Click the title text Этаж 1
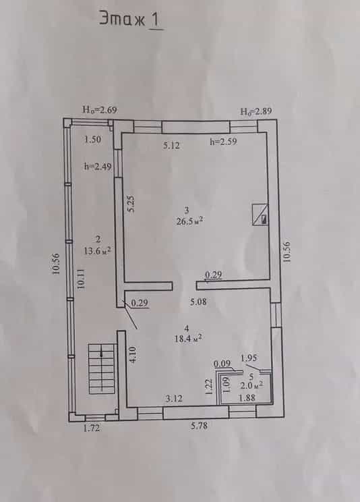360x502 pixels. (x=131, y=19)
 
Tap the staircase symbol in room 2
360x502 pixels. (x=101, y=368)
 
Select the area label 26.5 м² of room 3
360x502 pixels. (x=190, y=221)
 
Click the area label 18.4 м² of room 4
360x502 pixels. (x=188, y=339)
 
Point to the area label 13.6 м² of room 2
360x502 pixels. (x=98, y=250)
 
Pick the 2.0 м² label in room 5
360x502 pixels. (x=252, y=385)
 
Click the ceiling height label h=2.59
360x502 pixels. (x=223, y=141)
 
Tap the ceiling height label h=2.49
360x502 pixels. (x=98, y=166)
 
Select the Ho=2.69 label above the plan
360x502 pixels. (x=100, y=110)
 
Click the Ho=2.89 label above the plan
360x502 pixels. (x=256, y=111)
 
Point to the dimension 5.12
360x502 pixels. (x=171, y=146)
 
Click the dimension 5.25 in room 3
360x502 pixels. (x=131, y=204)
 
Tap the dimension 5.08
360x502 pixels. (x=198, y=302)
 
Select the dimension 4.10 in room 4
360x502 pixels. (x=133, y=354)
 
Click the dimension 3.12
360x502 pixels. (x=174, y=399)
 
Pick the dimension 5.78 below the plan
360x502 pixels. (x=199, y=426)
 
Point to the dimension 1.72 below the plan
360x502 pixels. (x=92, y=428)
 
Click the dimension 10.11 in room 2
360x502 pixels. (x=82, y=279)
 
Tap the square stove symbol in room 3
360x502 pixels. (x=260, y=215)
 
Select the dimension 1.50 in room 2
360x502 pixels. (x=93, y=139)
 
